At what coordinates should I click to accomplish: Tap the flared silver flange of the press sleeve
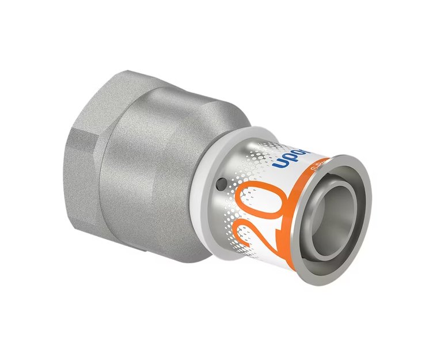357,173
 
